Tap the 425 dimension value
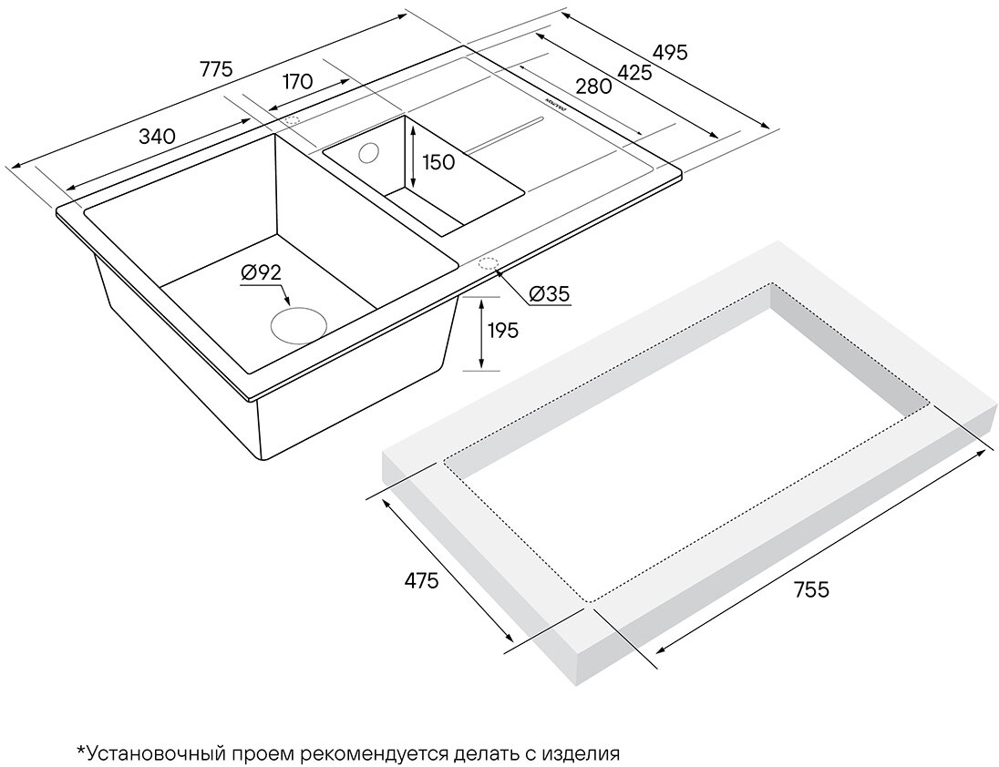click(x=633, y=73)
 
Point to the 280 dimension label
click(x=592, y=87)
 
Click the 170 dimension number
click(x=297, y=81)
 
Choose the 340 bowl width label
click(x=156, y=137)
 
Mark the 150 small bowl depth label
click(x=438, y=162)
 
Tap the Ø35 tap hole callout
click(x=549, y=294)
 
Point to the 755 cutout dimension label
click(x=809, y=589)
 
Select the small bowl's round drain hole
click(x=371, y=151)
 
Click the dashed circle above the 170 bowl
click(x=294, y=120)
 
